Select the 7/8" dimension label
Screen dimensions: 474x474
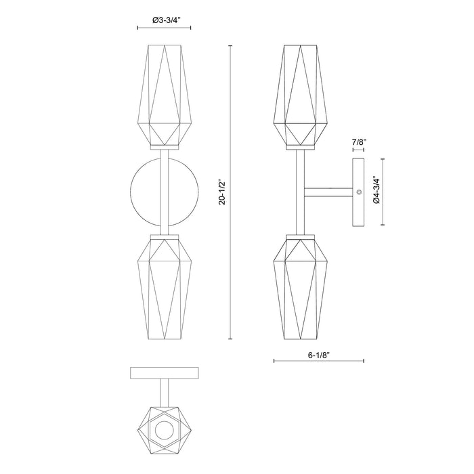click(x=359, y=142)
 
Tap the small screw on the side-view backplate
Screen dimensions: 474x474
click(x=359, y=193)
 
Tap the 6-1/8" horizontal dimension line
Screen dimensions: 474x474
click(x=319, y=361)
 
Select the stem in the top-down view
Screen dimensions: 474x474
click(x=164, y=392)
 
